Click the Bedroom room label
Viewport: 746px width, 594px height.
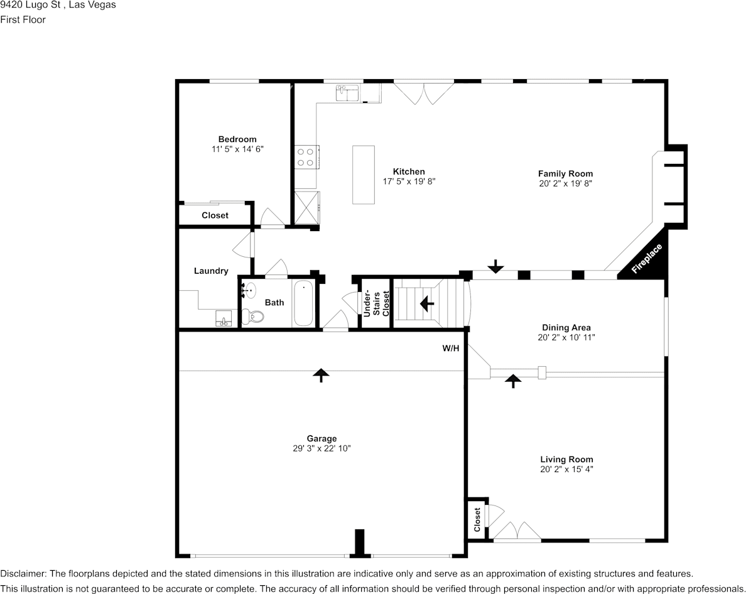[237, 139]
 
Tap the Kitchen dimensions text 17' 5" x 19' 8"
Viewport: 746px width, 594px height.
[409, 181]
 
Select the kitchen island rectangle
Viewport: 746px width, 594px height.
[364, 175]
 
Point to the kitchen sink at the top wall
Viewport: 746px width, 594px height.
[348, 93]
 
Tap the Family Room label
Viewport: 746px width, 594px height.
[566, 173]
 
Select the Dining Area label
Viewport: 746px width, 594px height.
[566, 327]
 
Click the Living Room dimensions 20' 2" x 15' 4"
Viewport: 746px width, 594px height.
[566, 469]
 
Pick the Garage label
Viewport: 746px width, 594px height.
[322, 438]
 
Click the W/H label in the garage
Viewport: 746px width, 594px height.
[450, 348]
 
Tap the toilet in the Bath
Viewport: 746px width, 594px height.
[252, 316]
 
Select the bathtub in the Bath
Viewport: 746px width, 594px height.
[303, 303]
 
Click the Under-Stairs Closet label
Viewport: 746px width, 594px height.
[376, 303]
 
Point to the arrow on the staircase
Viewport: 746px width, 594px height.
[426, 303]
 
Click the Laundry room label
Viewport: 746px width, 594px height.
[211, 271]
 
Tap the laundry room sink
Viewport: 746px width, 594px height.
[224, 318]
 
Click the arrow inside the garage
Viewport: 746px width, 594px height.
[321, 375]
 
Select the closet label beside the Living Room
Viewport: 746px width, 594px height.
[477, 519]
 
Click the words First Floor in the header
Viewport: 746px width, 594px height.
[23, 19]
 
